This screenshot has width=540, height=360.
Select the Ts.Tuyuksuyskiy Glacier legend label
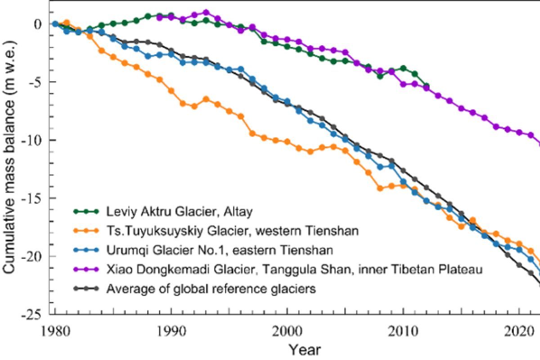[x=232, y=230]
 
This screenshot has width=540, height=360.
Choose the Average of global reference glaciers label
[x=211, y=288]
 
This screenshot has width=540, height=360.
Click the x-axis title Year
[x=305, y=350]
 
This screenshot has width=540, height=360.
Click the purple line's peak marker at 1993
[x=206, y=13]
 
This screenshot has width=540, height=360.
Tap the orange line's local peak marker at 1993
[x=206, y=99]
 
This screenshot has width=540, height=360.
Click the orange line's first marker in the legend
[x=77, y=230]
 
